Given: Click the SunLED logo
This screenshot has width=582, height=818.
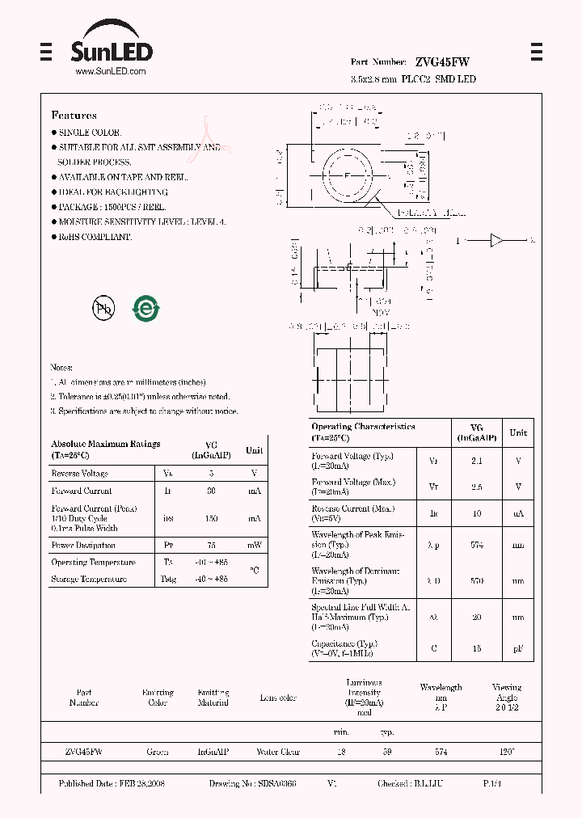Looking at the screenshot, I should [112, 49].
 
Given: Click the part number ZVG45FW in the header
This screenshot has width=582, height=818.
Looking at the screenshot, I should [442, 62].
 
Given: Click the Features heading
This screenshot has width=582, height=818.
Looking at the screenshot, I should [74, 116].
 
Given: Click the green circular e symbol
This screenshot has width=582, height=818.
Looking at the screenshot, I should [146, 308].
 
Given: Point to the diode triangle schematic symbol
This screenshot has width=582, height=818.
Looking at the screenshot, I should [497, 240].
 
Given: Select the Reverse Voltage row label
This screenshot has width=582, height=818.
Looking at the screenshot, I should [79, 474].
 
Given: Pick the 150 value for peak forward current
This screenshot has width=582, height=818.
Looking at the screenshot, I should [211, 518].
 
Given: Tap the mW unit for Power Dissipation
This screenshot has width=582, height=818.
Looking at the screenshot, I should [254, 546].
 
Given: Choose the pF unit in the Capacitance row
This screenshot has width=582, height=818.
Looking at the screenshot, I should [517, 648].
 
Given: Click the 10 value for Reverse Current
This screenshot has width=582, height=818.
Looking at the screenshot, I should [476, 513].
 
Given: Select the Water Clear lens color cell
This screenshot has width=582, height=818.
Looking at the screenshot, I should [278, 752].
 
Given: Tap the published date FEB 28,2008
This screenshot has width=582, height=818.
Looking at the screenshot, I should [112, 784].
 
